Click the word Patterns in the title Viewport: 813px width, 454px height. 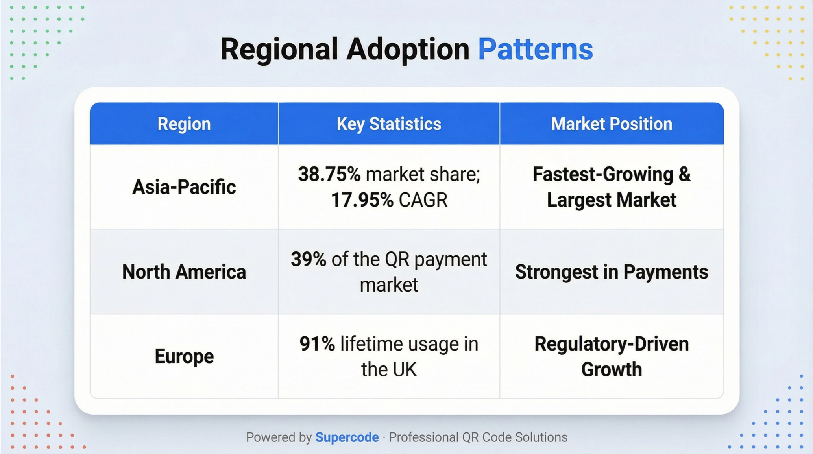[535, 49]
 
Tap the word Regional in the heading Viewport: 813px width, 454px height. [279, 50]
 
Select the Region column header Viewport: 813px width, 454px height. [184, 124]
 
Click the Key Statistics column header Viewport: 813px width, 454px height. [389, 124]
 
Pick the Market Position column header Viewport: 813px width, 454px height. [612, 124]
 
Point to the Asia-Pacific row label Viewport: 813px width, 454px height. [184, 186]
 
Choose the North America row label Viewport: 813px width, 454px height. [184, 272]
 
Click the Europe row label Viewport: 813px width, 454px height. [184, 356]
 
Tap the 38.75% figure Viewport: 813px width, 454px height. [329, 174]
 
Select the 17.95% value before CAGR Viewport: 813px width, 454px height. [362, 200]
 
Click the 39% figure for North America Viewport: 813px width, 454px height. [309, 259]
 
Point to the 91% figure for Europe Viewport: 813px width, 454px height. [317, 344]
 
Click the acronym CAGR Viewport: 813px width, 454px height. [423, 200]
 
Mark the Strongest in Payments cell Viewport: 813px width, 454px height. [612, 272]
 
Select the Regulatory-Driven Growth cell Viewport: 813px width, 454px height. [612, 356]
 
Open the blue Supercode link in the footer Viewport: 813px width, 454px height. [347, 437]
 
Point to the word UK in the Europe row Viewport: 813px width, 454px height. [405, 369]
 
